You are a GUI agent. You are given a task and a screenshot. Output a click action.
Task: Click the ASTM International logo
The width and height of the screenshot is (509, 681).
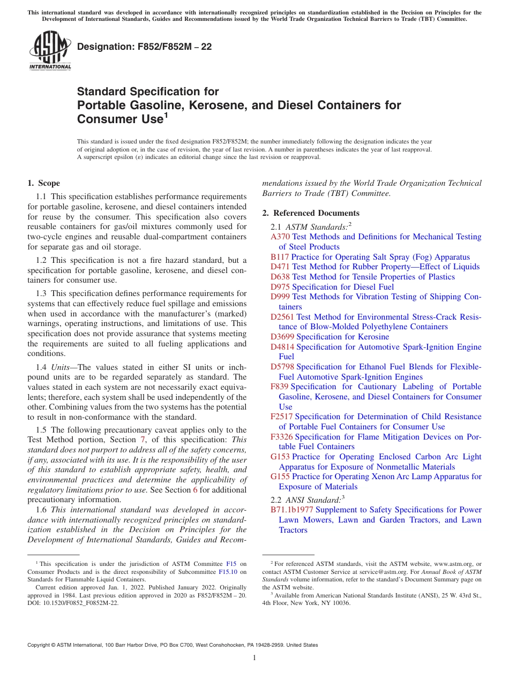(x=49, y=50)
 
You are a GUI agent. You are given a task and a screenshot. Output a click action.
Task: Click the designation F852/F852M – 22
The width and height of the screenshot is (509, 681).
(x=144, y=47)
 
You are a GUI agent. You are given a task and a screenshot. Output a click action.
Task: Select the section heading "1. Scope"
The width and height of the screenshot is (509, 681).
(x=44, y=183)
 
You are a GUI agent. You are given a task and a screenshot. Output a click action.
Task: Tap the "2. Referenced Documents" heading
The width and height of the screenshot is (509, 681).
(x=311, y=213)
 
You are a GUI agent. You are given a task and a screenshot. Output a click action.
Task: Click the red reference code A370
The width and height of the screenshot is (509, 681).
(x=280, y=237)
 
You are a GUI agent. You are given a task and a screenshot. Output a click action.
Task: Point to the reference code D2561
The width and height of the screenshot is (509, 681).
(x=282, y=317)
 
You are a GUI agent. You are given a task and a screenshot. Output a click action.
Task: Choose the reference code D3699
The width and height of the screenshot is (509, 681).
(x=282, y=337)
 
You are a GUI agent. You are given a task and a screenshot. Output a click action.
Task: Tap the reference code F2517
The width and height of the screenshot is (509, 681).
(x=282, y=417)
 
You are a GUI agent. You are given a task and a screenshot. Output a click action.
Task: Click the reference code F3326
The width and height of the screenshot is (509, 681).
(x=282, y=437)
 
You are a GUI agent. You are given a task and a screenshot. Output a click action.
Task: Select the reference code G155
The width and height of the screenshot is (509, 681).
(x=280, y=476)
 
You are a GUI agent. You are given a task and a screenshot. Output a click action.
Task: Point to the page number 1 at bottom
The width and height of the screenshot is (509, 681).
(x=254, y=658)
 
